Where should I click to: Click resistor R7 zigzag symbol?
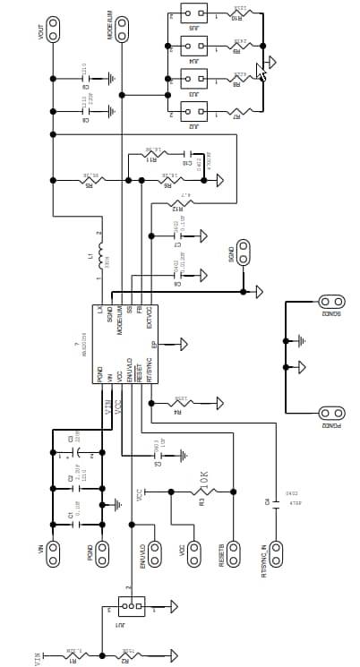click(239, 111)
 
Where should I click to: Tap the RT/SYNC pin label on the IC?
click(150, 370)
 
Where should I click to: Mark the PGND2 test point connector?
click(332, 414)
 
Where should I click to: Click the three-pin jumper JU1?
click(132, 610)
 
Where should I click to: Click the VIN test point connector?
click(53, 552)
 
